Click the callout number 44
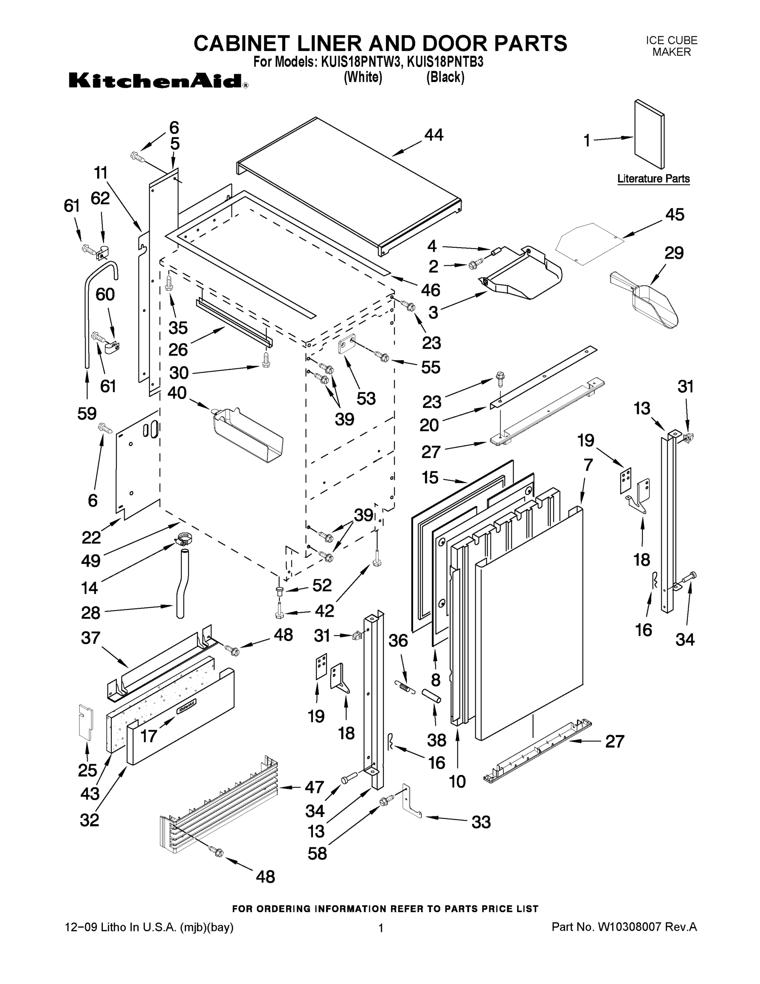pyautogui.click(x=433, y=135)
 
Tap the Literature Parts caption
pyautogui.click(x=653, y=178)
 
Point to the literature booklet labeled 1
pyautogui.click(x=649, y=136)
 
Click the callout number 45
pyautogui.click(x=674, y=214)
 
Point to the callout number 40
pyautogui.click(x=177, y=393)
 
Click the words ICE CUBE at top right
pyautogui.click(x=672, y=41)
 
